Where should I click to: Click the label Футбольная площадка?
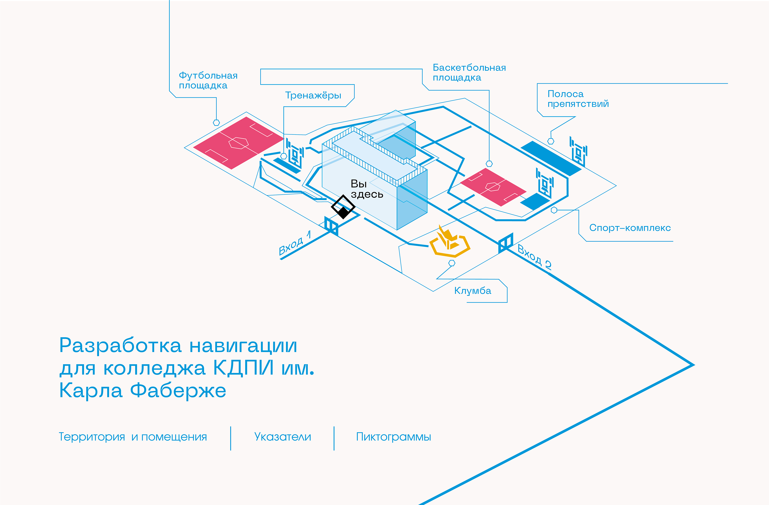(208, 80)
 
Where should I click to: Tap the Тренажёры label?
(313, 95)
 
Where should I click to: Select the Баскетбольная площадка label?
(469, 73)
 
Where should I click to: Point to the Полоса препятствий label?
(578, 99)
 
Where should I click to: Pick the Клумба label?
(472, 291)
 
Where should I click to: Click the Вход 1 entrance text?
(295, 243)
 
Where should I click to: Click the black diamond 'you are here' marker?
(343, 207)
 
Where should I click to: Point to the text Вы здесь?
(366, 189)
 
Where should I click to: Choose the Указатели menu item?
(282, 437)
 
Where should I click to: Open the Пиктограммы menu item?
(393, 437)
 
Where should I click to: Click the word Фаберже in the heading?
(178, 391)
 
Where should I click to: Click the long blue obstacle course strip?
(551, 158)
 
